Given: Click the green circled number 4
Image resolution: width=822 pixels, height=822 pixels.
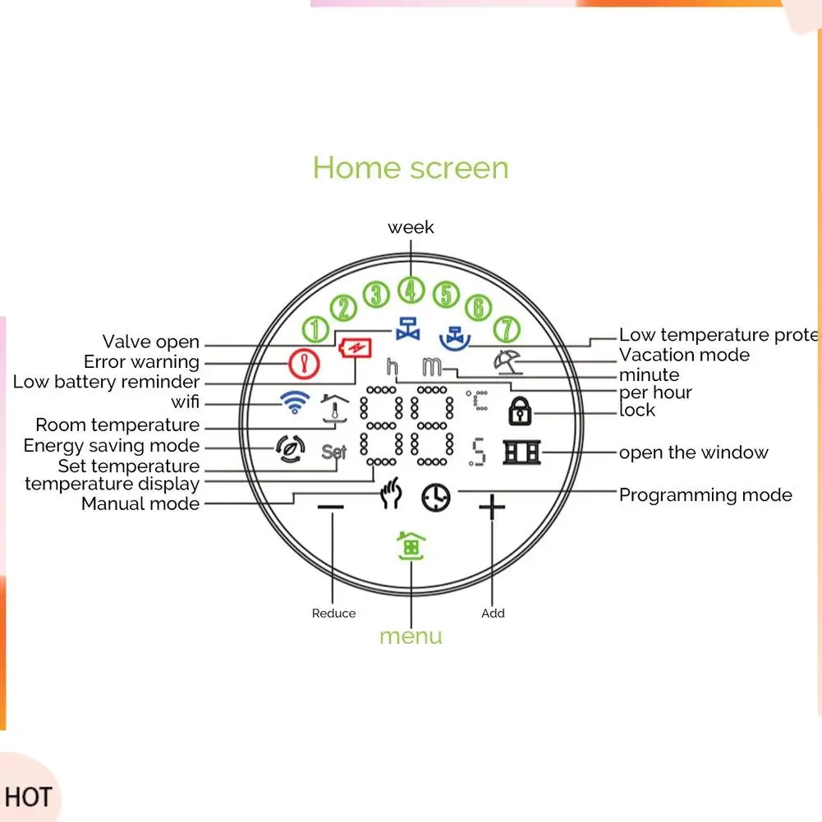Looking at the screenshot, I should point(411,290).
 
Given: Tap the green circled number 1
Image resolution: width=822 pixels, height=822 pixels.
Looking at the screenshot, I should point(315,329).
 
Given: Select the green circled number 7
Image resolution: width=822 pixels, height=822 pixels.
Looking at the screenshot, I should point(507,329).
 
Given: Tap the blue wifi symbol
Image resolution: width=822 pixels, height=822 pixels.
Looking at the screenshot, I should point(294,402).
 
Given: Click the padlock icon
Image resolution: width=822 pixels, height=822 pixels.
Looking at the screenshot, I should point(520,410).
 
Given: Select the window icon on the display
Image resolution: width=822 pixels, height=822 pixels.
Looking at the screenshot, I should point(522,452).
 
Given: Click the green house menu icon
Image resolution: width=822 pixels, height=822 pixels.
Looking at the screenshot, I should point(411,545).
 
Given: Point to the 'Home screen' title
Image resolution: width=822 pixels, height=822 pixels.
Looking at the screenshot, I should point(411,168).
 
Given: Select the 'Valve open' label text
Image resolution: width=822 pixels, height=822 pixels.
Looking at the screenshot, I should point(151,342).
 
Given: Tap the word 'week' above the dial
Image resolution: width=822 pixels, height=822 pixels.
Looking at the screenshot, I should point(411,227).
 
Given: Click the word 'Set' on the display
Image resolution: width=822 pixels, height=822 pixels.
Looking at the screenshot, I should point(334,452).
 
